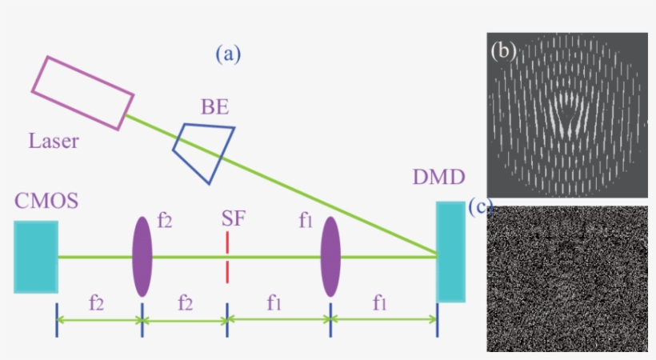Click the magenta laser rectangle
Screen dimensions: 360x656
[x=82, y=93]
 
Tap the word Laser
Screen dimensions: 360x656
[x=54, y=142]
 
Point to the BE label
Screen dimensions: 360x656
[x=215, y=106]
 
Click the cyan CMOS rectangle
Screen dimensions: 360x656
[x=36, y=256]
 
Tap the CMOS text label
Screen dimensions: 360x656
[x=46, y=201]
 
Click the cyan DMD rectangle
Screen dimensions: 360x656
[x=450, y=251]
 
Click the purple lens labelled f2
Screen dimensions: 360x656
[x=142, y=256]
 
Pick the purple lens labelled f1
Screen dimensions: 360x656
[x=330, y=256]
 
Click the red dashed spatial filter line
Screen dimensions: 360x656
[x=228, y=257]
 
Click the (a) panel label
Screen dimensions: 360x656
[x=228, y=54]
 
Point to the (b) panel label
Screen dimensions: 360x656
[x=503, y=51]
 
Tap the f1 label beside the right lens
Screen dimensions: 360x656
[x=306, y=221]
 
